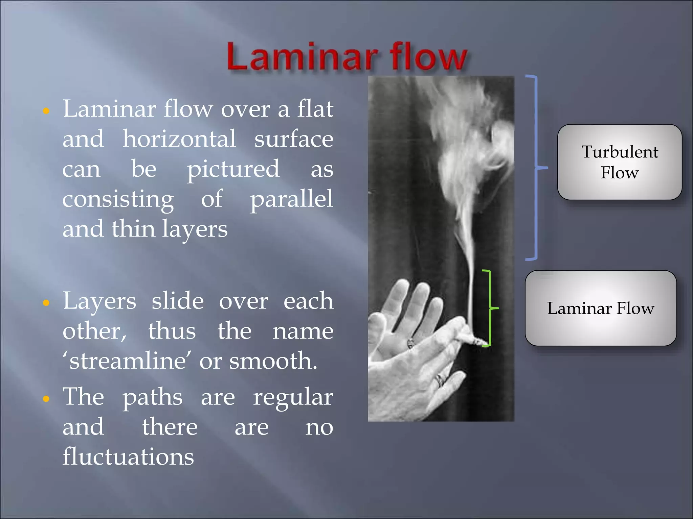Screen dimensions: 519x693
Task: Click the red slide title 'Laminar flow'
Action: pos(347,56)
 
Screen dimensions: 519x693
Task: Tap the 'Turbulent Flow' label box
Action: pos(619,162)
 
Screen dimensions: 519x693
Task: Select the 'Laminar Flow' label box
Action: pos(601,308)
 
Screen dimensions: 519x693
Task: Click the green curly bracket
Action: pos(489,307)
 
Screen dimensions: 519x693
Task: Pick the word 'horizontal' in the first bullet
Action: pos(179,139)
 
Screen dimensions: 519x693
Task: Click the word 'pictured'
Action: pos(233,169)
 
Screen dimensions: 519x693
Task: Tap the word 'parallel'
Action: pos(291,199)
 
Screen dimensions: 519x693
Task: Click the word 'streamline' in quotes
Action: pos(128,361)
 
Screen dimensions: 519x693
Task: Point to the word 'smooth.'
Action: pos(273,361)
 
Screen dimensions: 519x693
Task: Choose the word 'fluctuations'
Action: pos(128,457)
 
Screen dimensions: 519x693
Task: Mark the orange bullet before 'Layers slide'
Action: pos(46,303)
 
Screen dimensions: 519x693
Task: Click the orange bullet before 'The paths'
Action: pos(46,399)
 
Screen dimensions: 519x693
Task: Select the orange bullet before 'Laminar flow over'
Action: pos(46,111)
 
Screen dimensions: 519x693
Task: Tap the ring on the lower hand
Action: pos(440,380)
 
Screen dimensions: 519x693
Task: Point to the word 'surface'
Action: pos(294,139)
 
